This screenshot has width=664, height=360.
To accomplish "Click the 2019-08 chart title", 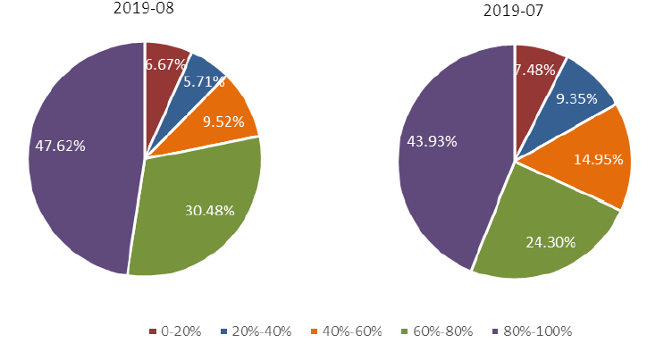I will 144,9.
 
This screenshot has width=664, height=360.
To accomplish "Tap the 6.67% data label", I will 165,64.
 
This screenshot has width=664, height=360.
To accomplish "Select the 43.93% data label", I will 432,141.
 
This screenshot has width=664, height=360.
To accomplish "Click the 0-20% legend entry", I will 174,331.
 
